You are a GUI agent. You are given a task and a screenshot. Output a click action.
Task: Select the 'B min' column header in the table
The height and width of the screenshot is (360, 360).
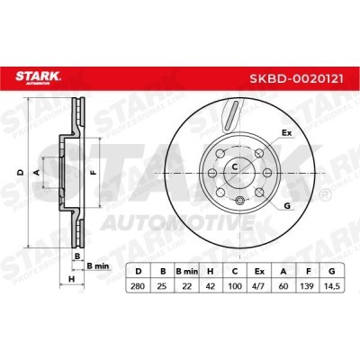point(186,270)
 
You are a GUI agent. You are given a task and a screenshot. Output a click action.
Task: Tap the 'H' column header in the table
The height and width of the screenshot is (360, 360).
point(211,270)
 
